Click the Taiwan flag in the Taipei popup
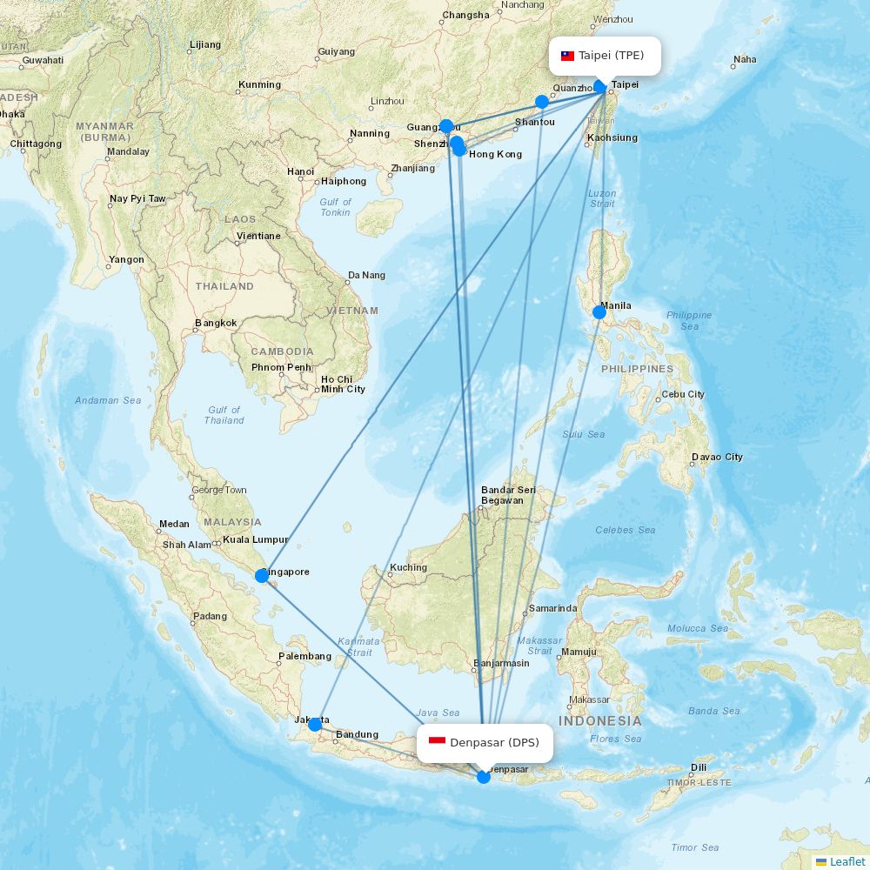[567, 56]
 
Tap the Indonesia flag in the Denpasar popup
[437, 742]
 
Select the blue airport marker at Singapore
[262, 575]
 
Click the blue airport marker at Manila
[599, 311]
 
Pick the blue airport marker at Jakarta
[315, 724]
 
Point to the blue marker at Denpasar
[484, 777]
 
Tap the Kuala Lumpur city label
[255, 539]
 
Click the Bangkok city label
[216, 324]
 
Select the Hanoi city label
[300, 171]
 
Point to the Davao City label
[718, 457]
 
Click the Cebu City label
[683, 394]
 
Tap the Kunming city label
[259, 85]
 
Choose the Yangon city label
[127, 260]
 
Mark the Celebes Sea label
[625, 530]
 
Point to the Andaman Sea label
[108, 400]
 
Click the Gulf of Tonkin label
[335, 207]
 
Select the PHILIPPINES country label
[637, 369]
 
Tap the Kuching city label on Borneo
[408, 568]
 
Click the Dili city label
[699, 767]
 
